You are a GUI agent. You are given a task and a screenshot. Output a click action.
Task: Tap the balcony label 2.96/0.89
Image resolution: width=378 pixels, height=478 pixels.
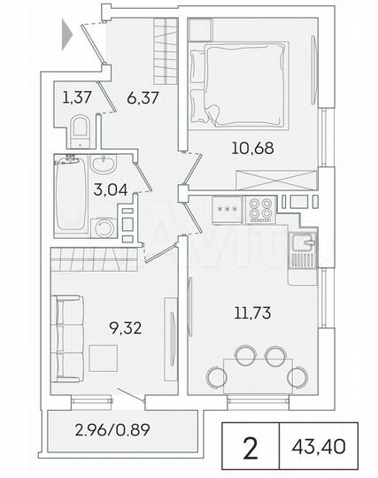tap(114, 434)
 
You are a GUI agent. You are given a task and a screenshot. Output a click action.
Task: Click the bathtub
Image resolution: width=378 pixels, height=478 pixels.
tap(66, 195)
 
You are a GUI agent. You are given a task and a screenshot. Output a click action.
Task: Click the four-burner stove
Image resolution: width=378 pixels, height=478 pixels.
tap(259, 210)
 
